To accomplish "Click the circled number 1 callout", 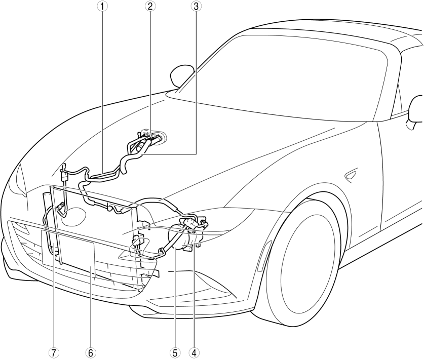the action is (x=102, y=6).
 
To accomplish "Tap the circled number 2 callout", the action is (x=150, y=6).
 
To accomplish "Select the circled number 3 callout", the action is (x=196, y=6).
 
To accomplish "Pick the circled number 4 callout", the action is (x=195, y=353).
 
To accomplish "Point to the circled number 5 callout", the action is (x=175, y=353).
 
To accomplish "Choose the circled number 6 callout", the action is (x=90, y=353).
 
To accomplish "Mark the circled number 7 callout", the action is (x=54, y=353).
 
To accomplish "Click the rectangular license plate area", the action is (x=68, y=249).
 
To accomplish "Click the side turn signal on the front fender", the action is (x=351, y=176).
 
